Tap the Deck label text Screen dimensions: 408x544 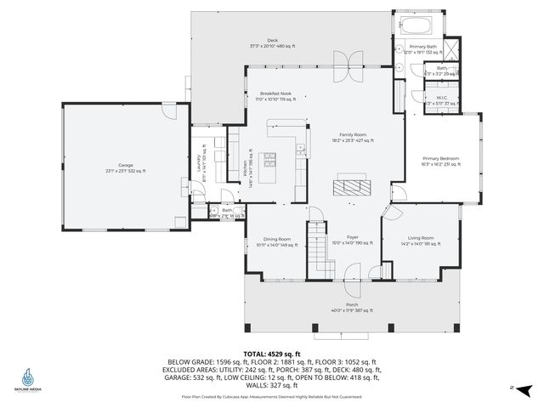coord(272,40)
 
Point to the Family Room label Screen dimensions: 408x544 coord(354,135)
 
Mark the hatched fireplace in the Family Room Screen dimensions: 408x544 coord(353,185)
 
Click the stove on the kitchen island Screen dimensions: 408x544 coord(270,158)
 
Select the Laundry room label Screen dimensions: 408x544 coord(199,161)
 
